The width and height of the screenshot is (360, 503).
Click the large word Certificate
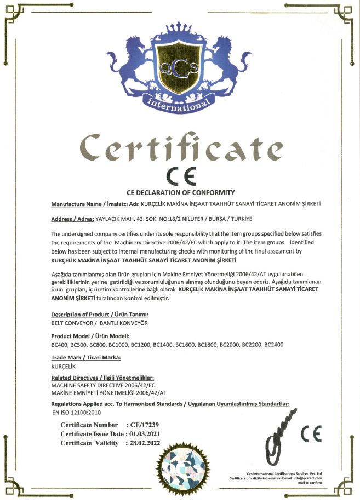click(181, 146)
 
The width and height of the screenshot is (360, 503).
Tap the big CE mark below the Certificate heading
click(181, 176)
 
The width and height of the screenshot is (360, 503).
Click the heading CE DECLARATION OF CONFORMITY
click(180, 192)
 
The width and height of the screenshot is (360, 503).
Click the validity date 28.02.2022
click(144, 443)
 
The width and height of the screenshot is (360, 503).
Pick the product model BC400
click(60, 345)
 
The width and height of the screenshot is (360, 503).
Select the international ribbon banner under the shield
click(179, 104)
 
